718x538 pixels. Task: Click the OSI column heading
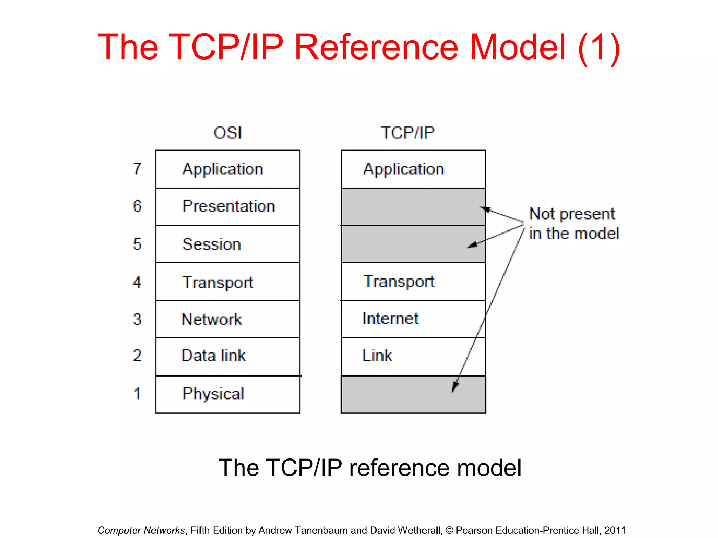(228, 133)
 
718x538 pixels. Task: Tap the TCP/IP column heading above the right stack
(407, 133)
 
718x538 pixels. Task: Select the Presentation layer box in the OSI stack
(228, 206)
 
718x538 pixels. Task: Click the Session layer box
(228, 244)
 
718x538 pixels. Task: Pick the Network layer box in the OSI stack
(228, 319)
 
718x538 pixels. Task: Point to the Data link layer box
(228, 356)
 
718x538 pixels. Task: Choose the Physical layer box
(228, 394)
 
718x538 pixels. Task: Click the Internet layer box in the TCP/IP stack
(413, 319)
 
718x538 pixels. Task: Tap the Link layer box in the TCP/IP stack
(413, 356)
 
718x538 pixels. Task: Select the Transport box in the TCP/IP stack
(413, 281)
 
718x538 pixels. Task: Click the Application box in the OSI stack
(228, 169)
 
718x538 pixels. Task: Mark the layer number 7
(137, 169)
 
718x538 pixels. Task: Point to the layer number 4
(137, 282)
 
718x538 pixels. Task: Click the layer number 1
(137, 394)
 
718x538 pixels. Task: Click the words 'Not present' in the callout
(572, 214)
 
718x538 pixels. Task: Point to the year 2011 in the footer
(615, 530)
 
